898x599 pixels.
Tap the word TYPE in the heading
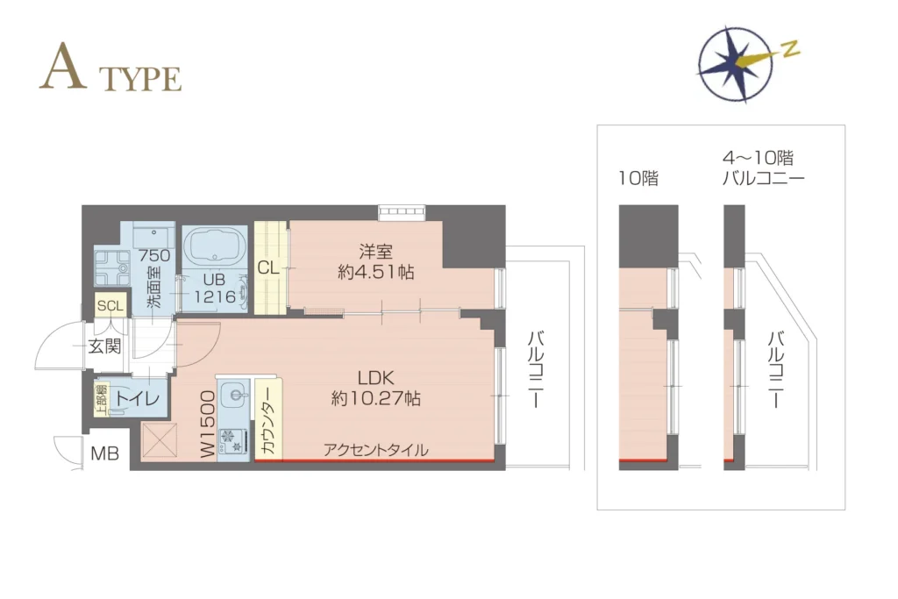pyautogui.click(x=140, y=79)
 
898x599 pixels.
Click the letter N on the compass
pyautogui.click(x=790, y=49)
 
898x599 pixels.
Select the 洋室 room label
pyautogui.click(x=375, y=252)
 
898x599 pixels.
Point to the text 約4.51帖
pyautogui.click(x=375, y=272)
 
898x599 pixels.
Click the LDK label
pyautogui.click(x=375, y=378)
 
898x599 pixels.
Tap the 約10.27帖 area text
pyautogui.click(x=375, y=398)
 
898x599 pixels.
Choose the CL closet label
pyautogui.click(x=268, y=267)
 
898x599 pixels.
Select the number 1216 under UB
pyautogui.click(x=215, y=296)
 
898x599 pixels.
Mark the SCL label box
pyautogui.click(x=110, y=306)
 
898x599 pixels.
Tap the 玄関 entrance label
pyautogui.click(x=105, y=346)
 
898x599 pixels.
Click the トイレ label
pyautogui.click(x=138, y=398)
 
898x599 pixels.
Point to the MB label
pyautogui.click(x=105, y=453)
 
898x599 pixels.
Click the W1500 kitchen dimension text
pyautogui.click(x=209, y=424)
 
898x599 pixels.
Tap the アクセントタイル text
pyautogui.click(x=375, y=450)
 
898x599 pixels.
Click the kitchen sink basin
pyautogui.click(x=235, y=394)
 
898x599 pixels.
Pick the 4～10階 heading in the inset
pyautogui.click(x=758, y=158)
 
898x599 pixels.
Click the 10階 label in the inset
pyautogui.click(x=638, y=178)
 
